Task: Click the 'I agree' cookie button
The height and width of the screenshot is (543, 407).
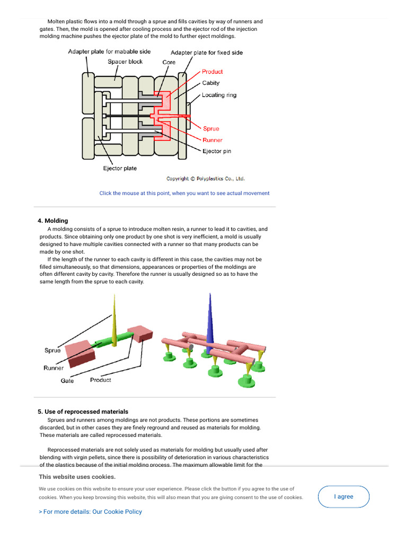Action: (x=343, y=497)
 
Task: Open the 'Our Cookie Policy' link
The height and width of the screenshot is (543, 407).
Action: (x=90, y=512)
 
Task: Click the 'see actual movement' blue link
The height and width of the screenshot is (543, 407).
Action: (x=184, y=193)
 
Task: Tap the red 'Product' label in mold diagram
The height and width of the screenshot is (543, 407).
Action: (x=212, y=72)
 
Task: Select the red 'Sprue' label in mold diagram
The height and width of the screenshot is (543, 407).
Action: (x=211, y=128)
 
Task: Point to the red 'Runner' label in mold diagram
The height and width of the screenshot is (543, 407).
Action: (x=213, y=140)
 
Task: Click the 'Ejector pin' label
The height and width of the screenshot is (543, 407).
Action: (x=217, y=151)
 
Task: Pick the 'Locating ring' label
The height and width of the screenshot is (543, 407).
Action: (x=219, y=95)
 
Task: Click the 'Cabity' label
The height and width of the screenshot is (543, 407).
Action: (x=210, y=83)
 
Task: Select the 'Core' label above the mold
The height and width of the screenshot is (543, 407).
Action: (x=169, y=62)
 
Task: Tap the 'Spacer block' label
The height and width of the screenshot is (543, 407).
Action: (x=125, y=62)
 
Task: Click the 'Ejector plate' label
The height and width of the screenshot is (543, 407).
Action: (x=119, y=168)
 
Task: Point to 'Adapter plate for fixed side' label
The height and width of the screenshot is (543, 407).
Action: (x=207, y=52)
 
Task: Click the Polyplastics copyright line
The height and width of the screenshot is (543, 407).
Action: (x=206, y=179)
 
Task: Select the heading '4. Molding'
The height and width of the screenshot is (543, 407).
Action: (x=52, y=221)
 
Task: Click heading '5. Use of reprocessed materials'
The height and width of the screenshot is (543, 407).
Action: (x=83, y=411)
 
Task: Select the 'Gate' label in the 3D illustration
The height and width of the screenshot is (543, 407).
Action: (x=67, y=381)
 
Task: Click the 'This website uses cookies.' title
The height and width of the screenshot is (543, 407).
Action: (x=77, y=477)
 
